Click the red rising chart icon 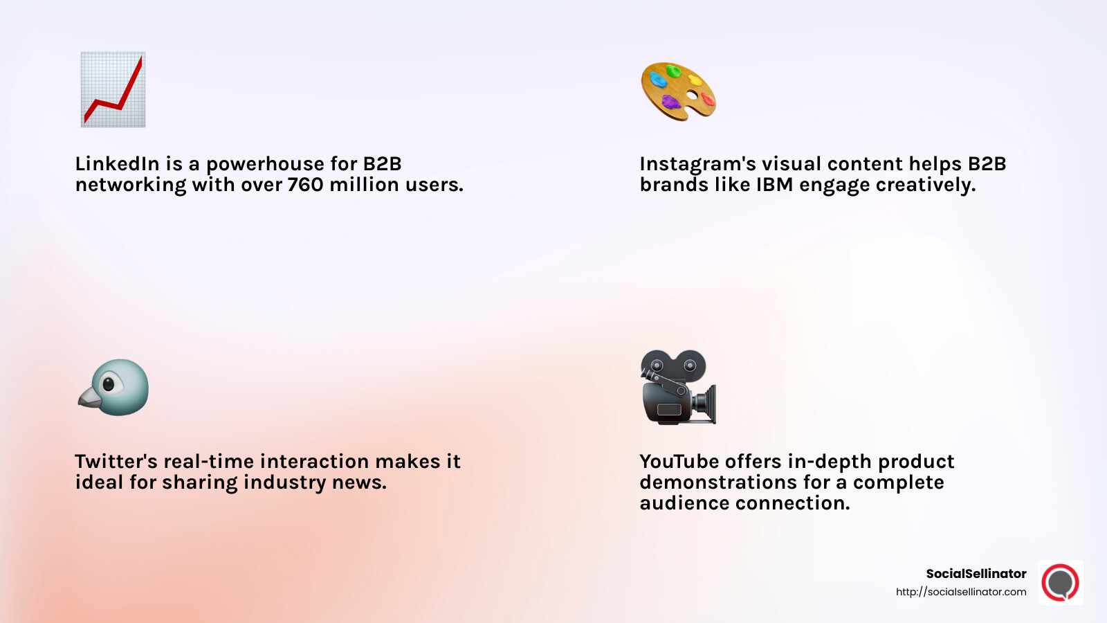(113, 89)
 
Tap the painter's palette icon (678, 91)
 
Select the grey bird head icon (114, 388)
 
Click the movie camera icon (677, 387)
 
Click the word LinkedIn (117, 164)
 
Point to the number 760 (305, 185)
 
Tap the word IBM (774, 185)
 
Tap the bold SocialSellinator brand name (976, 574)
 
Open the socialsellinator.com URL (961, 592)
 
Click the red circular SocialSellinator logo (1061, 583)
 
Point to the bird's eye (108, 383)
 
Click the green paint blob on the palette (673, 71)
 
